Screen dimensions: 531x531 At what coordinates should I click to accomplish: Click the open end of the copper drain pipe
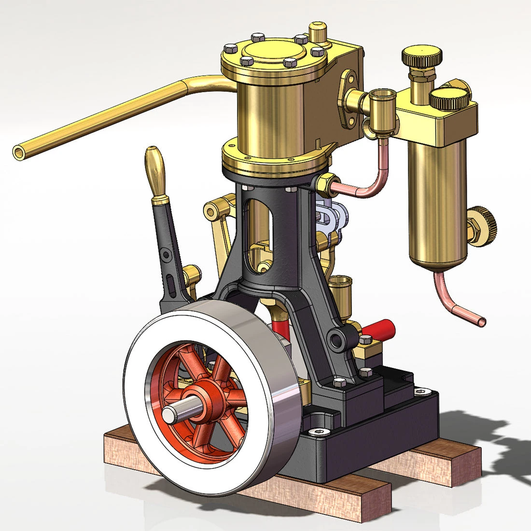tap(481, 321)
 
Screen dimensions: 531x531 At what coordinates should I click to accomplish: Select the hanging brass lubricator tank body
tap(437, 203)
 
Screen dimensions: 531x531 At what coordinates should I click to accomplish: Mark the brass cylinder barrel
tap(270, 116)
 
